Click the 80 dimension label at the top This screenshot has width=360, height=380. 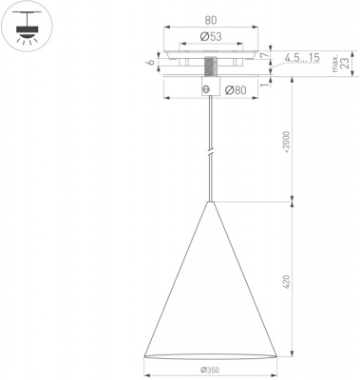(211, 20)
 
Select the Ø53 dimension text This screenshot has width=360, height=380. (211, 37)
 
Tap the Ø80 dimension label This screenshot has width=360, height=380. (236, 90)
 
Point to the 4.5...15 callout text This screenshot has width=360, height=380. (302, 58)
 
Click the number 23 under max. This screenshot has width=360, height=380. (346, 63)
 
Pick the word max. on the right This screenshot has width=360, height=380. (335, 64)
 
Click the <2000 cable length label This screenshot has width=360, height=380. (287, 142)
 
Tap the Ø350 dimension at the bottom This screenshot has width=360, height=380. (210, 370)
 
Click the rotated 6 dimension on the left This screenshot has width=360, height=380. (152, 62)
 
